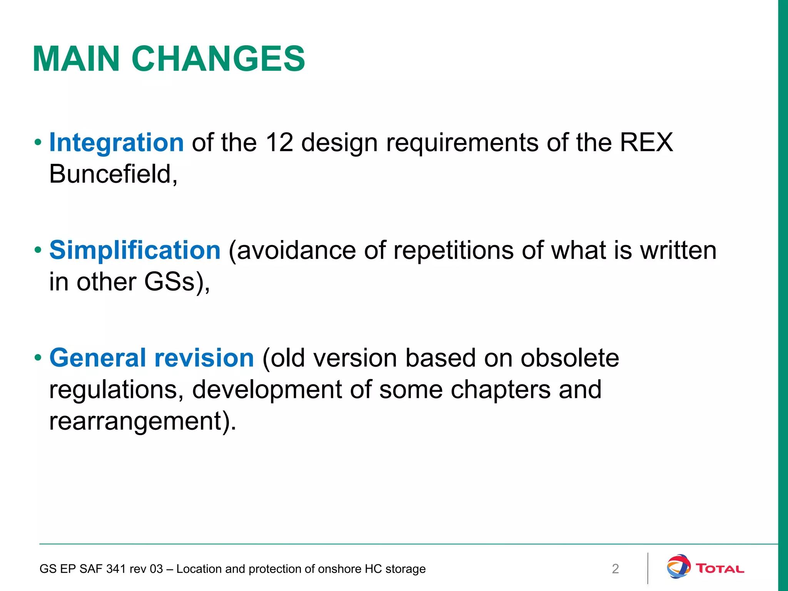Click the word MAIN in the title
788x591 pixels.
click(x=76, y=59)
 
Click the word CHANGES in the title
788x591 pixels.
click(x=218, y=59)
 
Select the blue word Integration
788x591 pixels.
click(x=117, y=142)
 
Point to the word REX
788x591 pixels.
click(x=646, y=142)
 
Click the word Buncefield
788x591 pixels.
click(x=113, y=174)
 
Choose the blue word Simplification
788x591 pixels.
click(x=135, y=250)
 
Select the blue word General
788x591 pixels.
click(x=98, y=358)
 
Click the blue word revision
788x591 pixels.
click(x=204, y=358)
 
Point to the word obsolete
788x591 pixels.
click(x=569, y=358)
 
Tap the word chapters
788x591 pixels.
click(x=501, y=390)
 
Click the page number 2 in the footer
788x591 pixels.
click(x=615, y=569)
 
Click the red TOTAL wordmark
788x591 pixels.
click(x=720, y=569)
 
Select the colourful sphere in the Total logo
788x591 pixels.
click(x=678, y=566)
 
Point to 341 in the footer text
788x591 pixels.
click(x=115, y=569)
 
